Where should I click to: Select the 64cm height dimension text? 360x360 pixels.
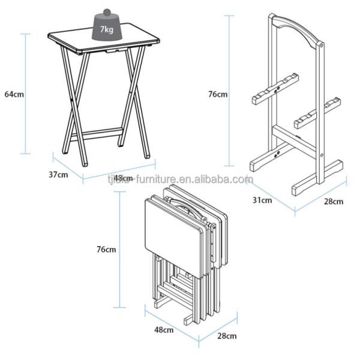click(13, 94)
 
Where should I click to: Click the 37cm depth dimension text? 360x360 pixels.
click(58, 175)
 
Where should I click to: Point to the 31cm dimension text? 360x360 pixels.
click(262, 200)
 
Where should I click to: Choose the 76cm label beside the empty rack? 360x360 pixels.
click(218, 94)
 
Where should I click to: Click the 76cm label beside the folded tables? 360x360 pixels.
click(106, 249)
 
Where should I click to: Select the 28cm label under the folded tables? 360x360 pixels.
click(226, 336)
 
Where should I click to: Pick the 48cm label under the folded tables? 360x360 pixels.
click(164, 329)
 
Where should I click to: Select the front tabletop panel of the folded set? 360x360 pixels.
click(174, 225)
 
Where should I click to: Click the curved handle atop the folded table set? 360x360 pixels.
click(186, 205)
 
